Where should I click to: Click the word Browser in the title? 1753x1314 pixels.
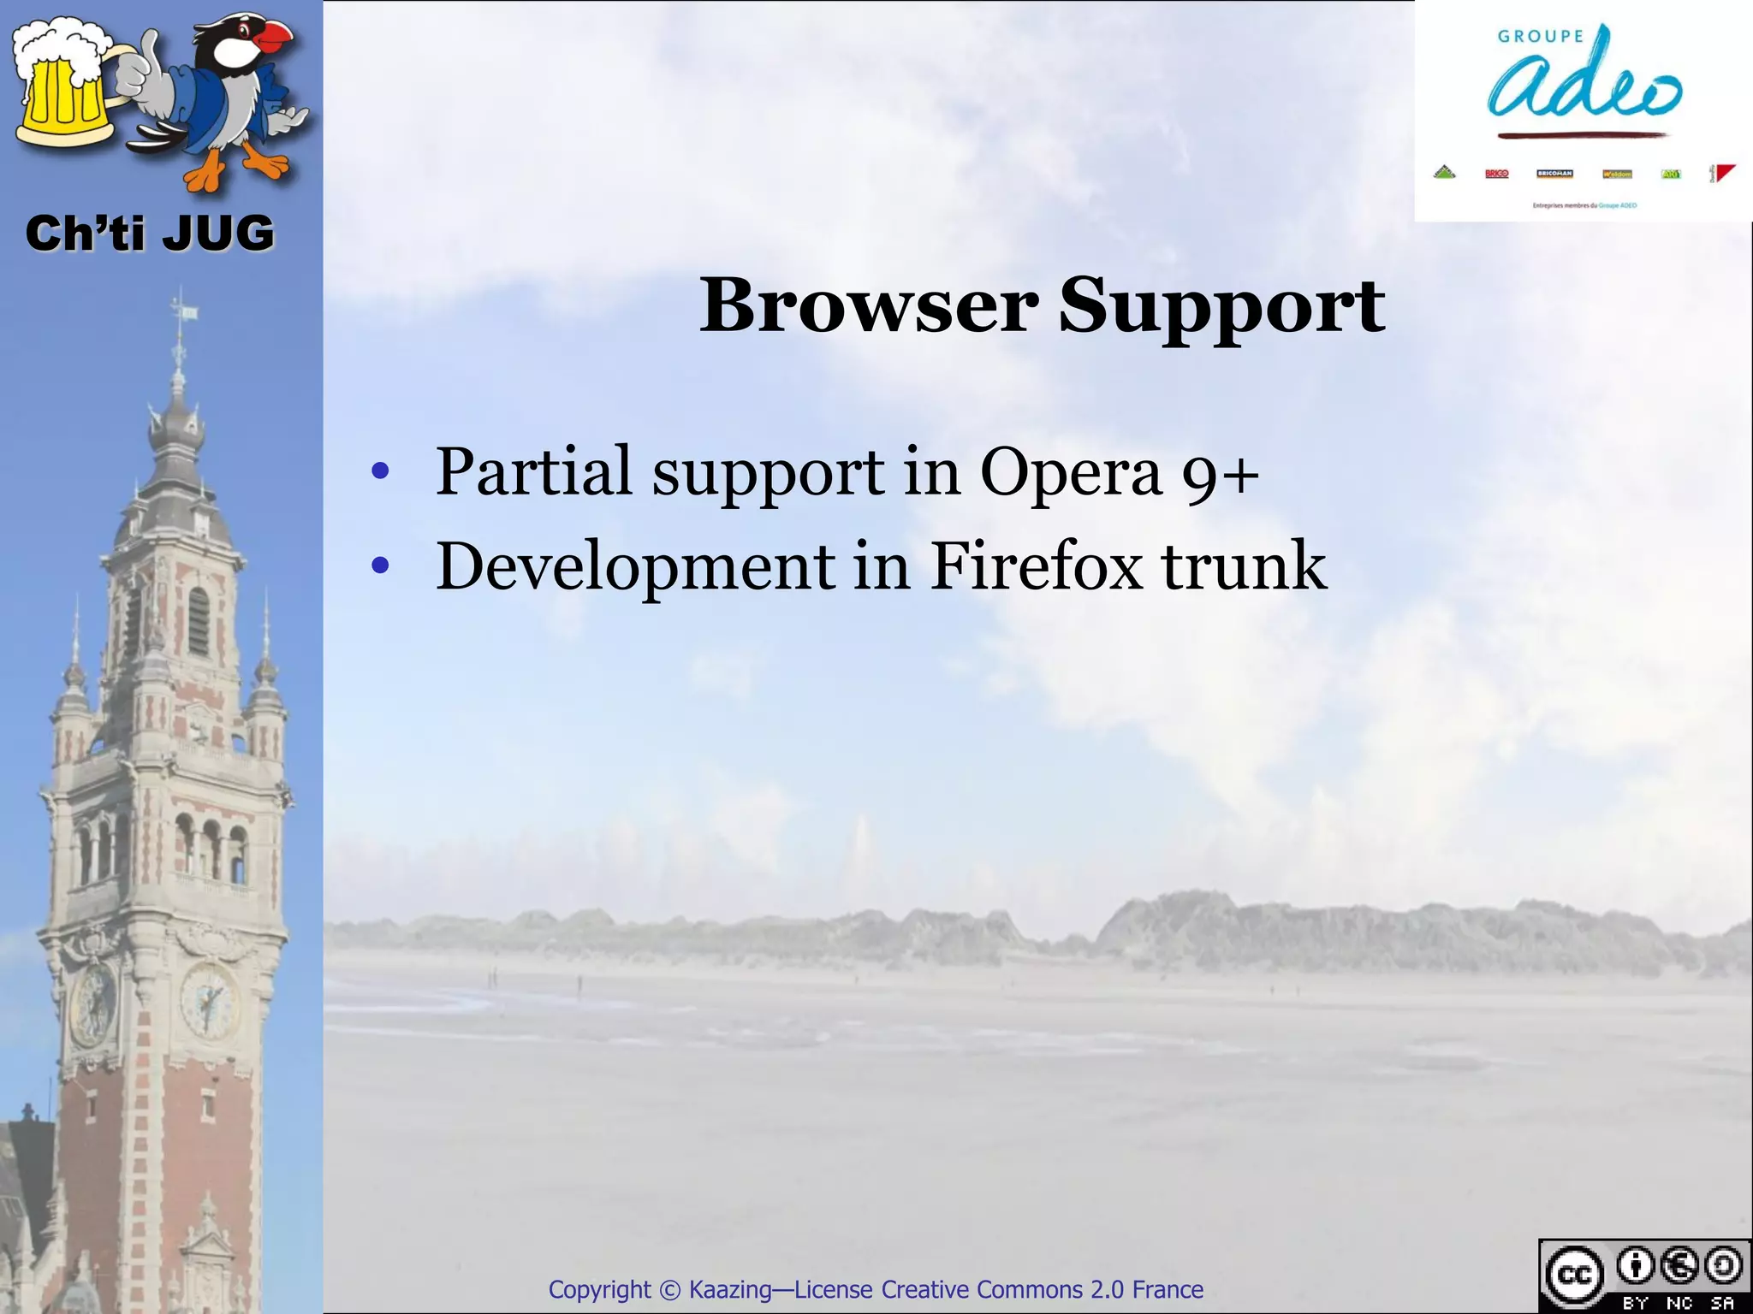869,305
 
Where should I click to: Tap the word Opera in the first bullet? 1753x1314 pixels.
1070,471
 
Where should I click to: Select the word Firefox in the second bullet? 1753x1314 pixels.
1036,565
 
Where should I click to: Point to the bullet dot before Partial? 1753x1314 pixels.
381,472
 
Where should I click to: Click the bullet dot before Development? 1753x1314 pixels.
381,566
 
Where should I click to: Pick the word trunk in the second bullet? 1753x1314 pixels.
1243,565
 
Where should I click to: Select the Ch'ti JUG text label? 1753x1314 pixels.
150,234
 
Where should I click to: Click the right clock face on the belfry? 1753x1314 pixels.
209,1001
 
